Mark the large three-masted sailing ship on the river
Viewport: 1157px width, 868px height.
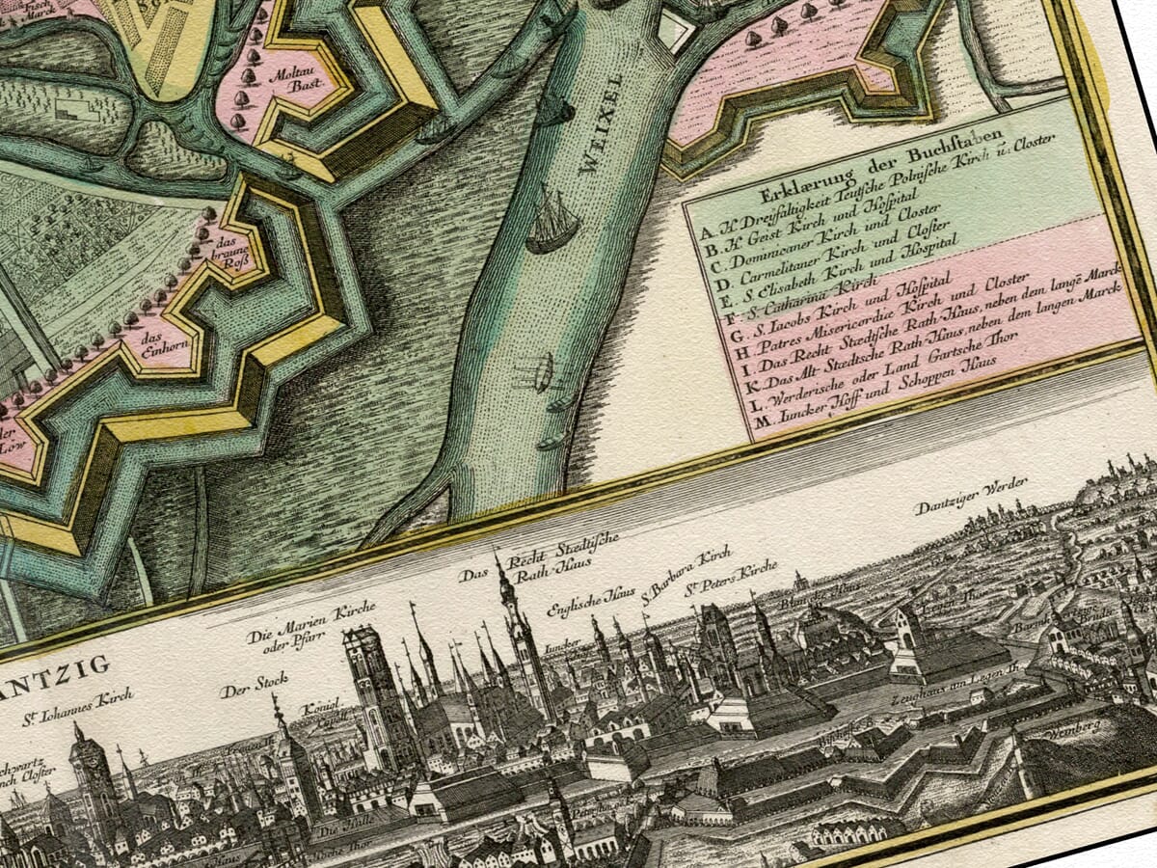pos(553,224)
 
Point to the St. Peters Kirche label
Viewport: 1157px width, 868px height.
pos(730,578)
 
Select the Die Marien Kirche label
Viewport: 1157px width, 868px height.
pos(311,627)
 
